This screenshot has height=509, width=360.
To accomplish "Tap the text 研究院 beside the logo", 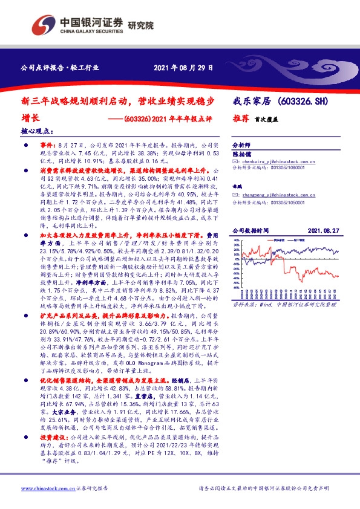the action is pos(141,26).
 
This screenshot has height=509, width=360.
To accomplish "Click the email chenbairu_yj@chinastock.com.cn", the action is pos(279,163).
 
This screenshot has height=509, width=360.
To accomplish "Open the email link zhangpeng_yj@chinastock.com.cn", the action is pos(280,195).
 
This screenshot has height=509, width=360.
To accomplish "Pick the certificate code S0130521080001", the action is pos(284,169).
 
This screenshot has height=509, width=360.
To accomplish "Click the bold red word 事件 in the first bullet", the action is pos(47,146).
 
